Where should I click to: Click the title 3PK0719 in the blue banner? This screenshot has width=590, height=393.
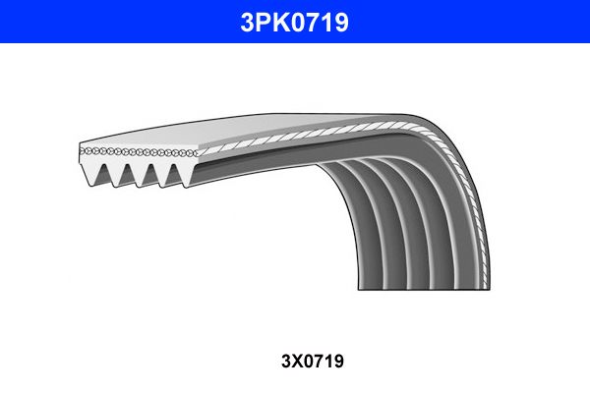295,21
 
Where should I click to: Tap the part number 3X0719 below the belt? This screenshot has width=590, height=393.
295,362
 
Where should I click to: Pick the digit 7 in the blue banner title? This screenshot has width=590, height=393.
317,21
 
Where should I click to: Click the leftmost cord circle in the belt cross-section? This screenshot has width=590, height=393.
84,151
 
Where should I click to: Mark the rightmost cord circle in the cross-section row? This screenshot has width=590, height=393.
195,153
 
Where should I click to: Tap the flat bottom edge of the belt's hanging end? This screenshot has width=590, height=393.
423,288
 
